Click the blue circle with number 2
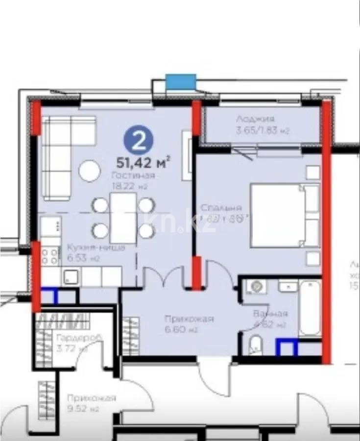[x=139, y=140]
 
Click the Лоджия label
[x=255, y=119]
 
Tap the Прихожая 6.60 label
[x=189, y=319]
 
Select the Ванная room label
[x=270, y=314]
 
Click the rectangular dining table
[x=123, y=218]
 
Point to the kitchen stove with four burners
[x=50, y=255]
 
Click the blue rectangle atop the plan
[x=181, y=82]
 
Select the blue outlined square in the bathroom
[x=287, y=347]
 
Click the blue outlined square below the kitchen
[x=49, y=296]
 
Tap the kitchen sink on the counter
[x=71, y=277]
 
